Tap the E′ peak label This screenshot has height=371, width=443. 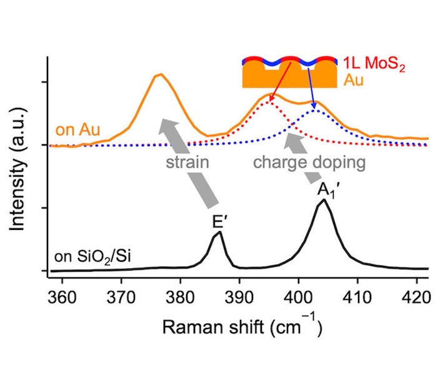pos(220,221)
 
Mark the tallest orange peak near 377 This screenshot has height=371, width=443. pos(161,74)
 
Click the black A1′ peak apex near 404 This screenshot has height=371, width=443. pos(323,200)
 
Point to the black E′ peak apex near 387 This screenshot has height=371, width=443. pos(219,232)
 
